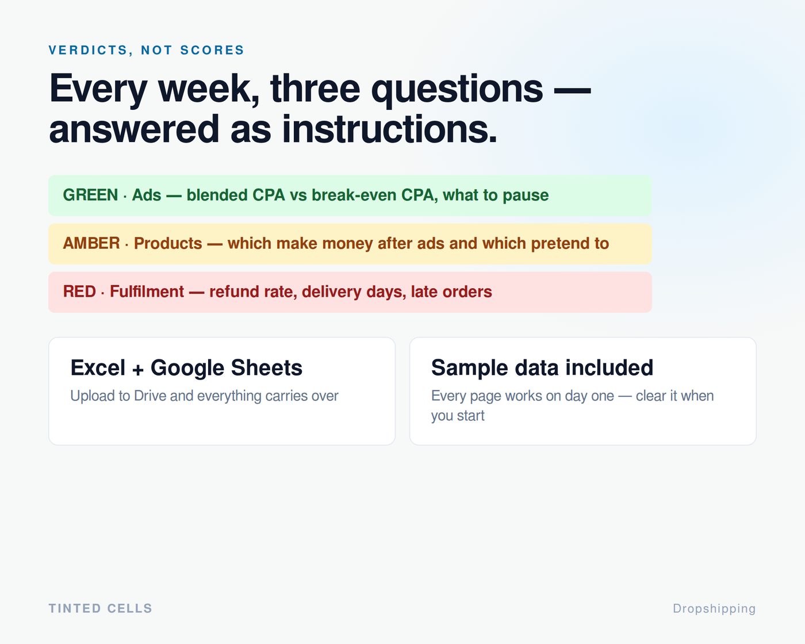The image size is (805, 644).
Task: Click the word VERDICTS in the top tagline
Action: (89, 50)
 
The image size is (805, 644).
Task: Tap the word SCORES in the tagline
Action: (212, 50)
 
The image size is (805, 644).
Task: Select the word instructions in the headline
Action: (389, 129)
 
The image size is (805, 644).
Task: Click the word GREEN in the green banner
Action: (90, 195)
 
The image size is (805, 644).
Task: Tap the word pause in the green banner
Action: (526, 195)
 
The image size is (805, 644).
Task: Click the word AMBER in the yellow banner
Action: (91, 243)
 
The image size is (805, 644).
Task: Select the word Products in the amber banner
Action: (168, 243)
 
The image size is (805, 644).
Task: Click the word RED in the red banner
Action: (79, 292)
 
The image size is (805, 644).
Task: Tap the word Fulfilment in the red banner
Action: (147, 292)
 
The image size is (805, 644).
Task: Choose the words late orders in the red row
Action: (451, 292)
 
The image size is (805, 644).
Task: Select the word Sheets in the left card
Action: (267, 367)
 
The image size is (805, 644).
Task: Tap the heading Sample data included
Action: (542, 367)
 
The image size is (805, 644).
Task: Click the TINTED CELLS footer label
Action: (100, 608)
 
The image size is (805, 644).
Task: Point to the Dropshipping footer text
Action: (714, 609)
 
